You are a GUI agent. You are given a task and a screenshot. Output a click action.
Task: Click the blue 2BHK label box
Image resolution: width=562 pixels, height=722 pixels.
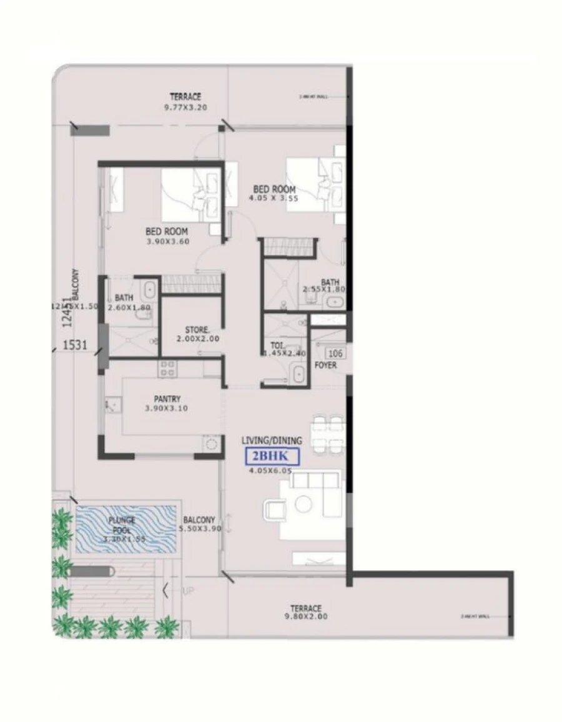[272, 457]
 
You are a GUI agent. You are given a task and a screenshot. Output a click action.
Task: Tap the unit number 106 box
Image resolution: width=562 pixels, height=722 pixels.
[335, 353]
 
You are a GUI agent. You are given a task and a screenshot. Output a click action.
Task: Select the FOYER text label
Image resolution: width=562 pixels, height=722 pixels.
[326, 365]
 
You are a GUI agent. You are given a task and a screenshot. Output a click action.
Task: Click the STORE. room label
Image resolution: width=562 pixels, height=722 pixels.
[197, 330]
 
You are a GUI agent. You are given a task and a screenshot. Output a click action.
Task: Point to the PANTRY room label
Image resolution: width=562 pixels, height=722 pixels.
[167, 398]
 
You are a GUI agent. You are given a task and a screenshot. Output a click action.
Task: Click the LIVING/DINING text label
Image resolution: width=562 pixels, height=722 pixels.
[272, 441]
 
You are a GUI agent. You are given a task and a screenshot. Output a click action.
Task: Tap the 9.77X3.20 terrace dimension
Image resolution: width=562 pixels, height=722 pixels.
[185, 107]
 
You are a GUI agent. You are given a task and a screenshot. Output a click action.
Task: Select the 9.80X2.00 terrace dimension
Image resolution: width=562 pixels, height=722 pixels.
[305, 616]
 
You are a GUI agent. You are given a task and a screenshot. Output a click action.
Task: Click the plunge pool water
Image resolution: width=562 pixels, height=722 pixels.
[125, 528]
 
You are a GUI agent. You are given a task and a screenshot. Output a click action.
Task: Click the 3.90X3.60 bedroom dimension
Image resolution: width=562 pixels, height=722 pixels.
[167, 241]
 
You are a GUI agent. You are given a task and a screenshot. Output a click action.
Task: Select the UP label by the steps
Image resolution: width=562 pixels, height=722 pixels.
[187, 590]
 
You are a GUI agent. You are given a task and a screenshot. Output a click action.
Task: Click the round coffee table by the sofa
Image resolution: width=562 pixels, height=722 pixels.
[303, 504]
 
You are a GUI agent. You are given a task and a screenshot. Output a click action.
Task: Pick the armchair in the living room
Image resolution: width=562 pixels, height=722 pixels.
[275, 510]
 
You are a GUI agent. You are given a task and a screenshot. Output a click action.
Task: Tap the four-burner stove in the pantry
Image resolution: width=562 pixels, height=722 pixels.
[167, 368]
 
